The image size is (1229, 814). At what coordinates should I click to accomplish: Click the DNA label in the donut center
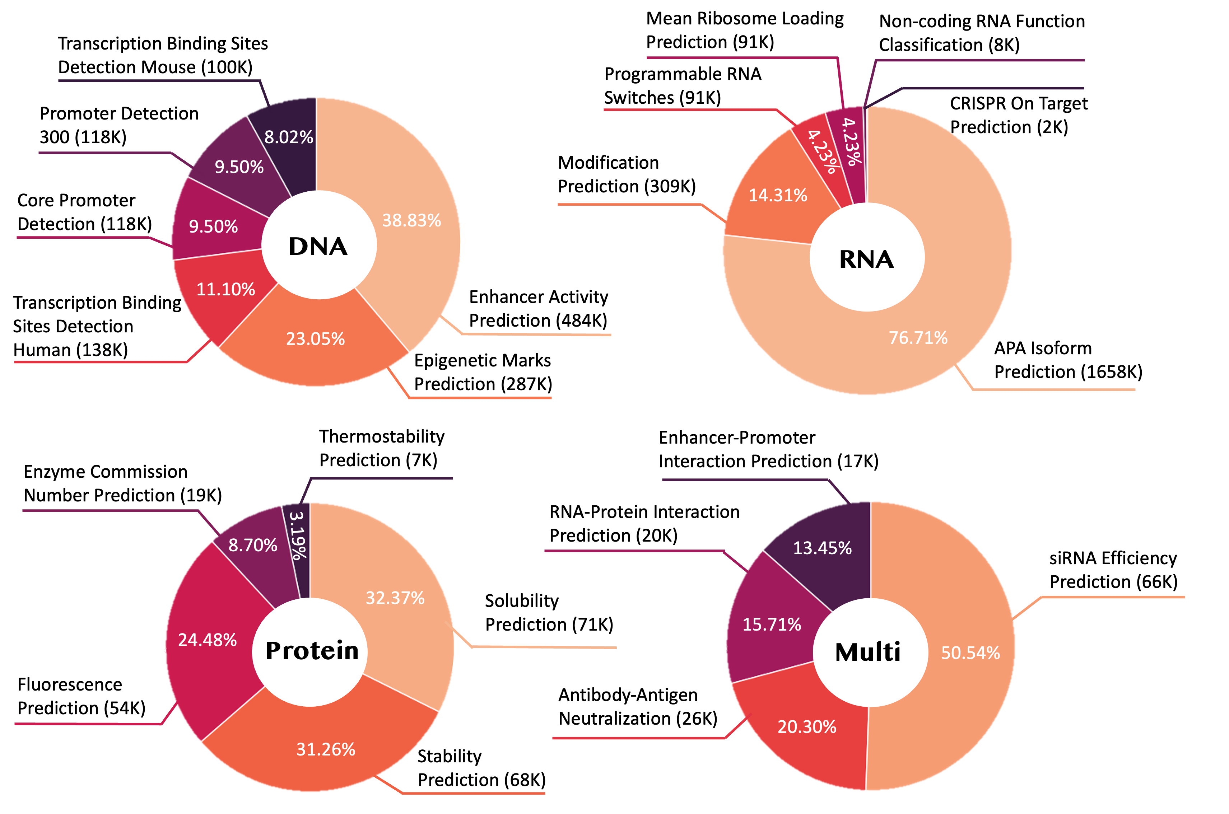click(x=318, y=246)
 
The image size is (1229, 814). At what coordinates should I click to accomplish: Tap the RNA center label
click(x=867, y=259)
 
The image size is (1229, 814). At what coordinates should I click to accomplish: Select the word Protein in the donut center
click(x=312, y=651)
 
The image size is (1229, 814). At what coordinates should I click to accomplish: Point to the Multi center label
click(x=867, y=652)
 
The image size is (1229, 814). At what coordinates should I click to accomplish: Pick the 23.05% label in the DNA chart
click(x=316, y=339)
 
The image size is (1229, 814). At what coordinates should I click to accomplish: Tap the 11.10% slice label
click(x=226, y=289)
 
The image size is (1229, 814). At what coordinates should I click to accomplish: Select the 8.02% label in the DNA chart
click(x=289, y=137)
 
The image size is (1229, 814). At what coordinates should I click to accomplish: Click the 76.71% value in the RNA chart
click(x=918, y=338)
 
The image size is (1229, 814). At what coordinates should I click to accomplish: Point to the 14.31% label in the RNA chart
click(x=778, y=195)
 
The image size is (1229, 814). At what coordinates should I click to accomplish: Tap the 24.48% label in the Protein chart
click(x=208, y=640)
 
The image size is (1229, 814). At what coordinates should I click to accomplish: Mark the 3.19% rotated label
click(x=298, y=536)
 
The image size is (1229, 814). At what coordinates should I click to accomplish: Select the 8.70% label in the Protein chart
click(x=253, y=545)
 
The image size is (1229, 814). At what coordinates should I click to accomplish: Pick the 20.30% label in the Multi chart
click(x=807, y=727)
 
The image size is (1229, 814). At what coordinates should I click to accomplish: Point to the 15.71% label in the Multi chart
click(x=772, y=624)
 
